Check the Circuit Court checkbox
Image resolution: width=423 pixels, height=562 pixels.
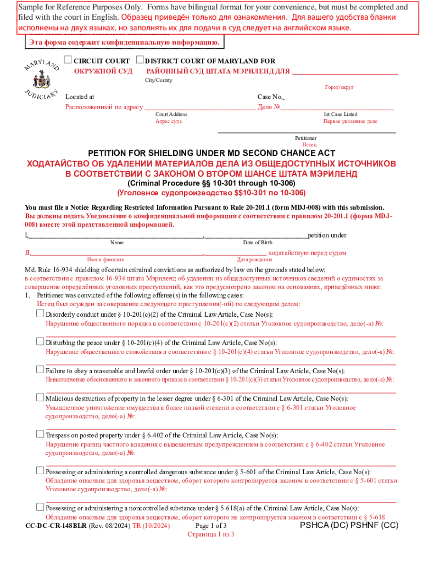coord(68,60)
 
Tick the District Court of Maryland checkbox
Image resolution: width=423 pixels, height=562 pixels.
coord(140,60)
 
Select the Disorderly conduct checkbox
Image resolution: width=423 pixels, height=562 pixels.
coord(40,313)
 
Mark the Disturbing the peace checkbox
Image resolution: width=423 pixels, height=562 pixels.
coord(40,341)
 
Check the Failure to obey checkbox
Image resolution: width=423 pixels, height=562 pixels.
coord(40,369)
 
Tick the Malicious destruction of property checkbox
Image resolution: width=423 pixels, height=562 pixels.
coord(40,398)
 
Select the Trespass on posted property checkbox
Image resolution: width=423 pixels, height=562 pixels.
coord(40,434)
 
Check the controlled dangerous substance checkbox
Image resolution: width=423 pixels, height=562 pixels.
coord(40,471)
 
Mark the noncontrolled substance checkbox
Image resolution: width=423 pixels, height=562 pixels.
coord(40,507)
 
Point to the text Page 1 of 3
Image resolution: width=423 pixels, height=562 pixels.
coord(211,525)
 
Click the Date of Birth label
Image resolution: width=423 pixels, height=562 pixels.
coord(257,243)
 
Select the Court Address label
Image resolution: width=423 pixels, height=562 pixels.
coord(171,114)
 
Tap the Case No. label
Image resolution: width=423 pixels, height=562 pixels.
coord(270,97)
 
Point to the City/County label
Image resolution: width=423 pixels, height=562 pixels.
coord(158,80)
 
